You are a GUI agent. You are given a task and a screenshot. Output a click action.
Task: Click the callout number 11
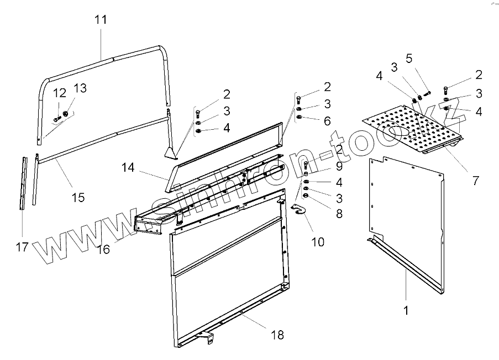[101, 19]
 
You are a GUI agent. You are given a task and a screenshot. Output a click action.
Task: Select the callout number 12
[60, 92]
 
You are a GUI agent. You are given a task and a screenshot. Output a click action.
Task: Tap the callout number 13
[80, 88]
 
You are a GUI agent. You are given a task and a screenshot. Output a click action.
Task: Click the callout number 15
[78, 197]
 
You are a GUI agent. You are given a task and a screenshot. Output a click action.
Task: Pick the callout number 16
[104, 249]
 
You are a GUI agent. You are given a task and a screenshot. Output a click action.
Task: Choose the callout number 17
[22, 247]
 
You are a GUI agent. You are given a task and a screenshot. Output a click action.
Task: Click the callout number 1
[406, 311]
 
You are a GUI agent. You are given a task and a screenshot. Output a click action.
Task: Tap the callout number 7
[475, 180]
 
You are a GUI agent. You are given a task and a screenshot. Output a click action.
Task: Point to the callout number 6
[327, 120]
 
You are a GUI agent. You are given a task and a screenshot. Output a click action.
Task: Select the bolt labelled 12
[57, 118]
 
